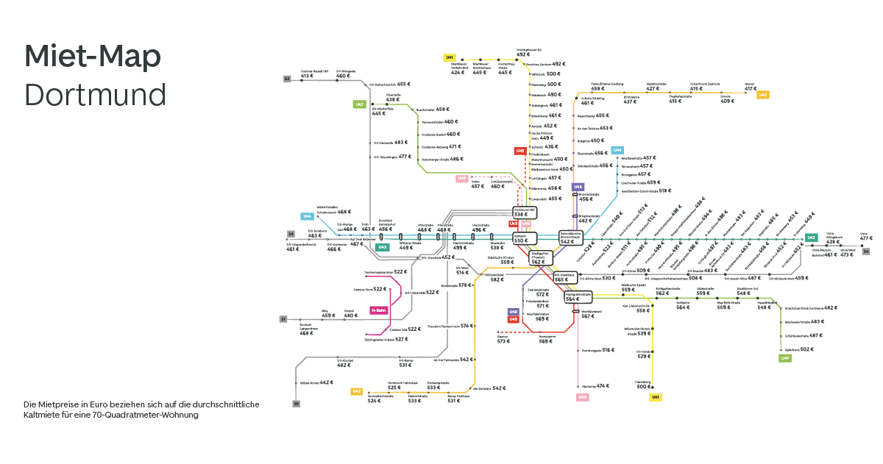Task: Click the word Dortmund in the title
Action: (95, 96)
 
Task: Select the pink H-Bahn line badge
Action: (378, 310)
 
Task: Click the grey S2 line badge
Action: (287, 77)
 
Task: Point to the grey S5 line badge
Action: (296, 404)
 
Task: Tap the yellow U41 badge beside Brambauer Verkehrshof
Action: (449, 57)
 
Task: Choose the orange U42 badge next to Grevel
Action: (763, 95)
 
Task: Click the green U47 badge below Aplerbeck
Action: (785, 358)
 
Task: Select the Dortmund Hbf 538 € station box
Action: (525, 213)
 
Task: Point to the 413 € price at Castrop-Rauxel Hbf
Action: (307, 76)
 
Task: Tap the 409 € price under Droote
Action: (727, 101)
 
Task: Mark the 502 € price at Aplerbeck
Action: (806, 349)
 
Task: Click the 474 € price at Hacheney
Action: (603, 386)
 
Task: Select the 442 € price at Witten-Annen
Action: (327, 383)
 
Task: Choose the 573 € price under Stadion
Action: (503, 341)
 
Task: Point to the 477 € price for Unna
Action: (866, 238)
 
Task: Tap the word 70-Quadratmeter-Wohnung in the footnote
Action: (156, 415)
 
